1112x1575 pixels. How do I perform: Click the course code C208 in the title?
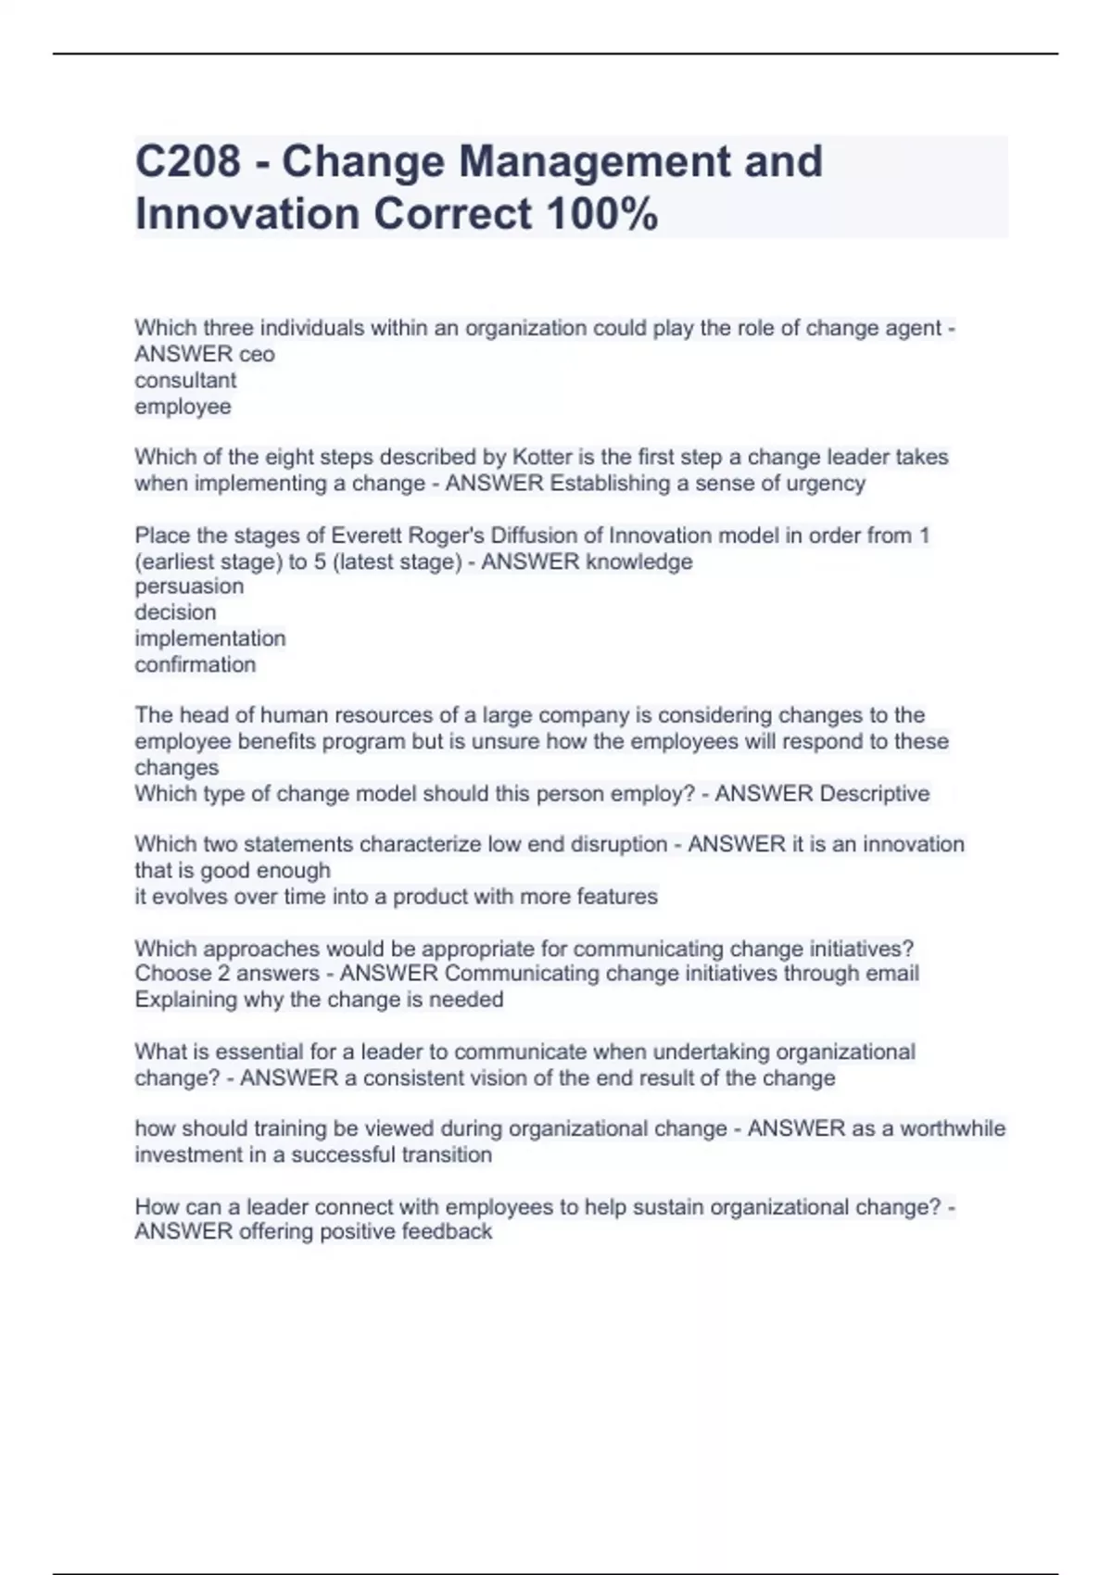click(187, 161)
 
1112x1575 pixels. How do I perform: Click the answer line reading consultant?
click(185, 380)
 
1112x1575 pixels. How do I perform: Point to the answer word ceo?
click(257, 354)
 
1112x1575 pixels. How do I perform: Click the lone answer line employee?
click(183, 406)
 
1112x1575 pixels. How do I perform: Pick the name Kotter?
click(542, 457)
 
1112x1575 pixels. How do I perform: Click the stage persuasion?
click(189, 586)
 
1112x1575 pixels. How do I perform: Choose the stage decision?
click(175, 612)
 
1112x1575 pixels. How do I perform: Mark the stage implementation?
click(210, 638)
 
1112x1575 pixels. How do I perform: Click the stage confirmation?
click(195, 664)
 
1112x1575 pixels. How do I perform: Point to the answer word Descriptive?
click(875, 793)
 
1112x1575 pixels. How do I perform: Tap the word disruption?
click(621, 844)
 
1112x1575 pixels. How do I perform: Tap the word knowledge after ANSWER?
click(639, 561)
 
